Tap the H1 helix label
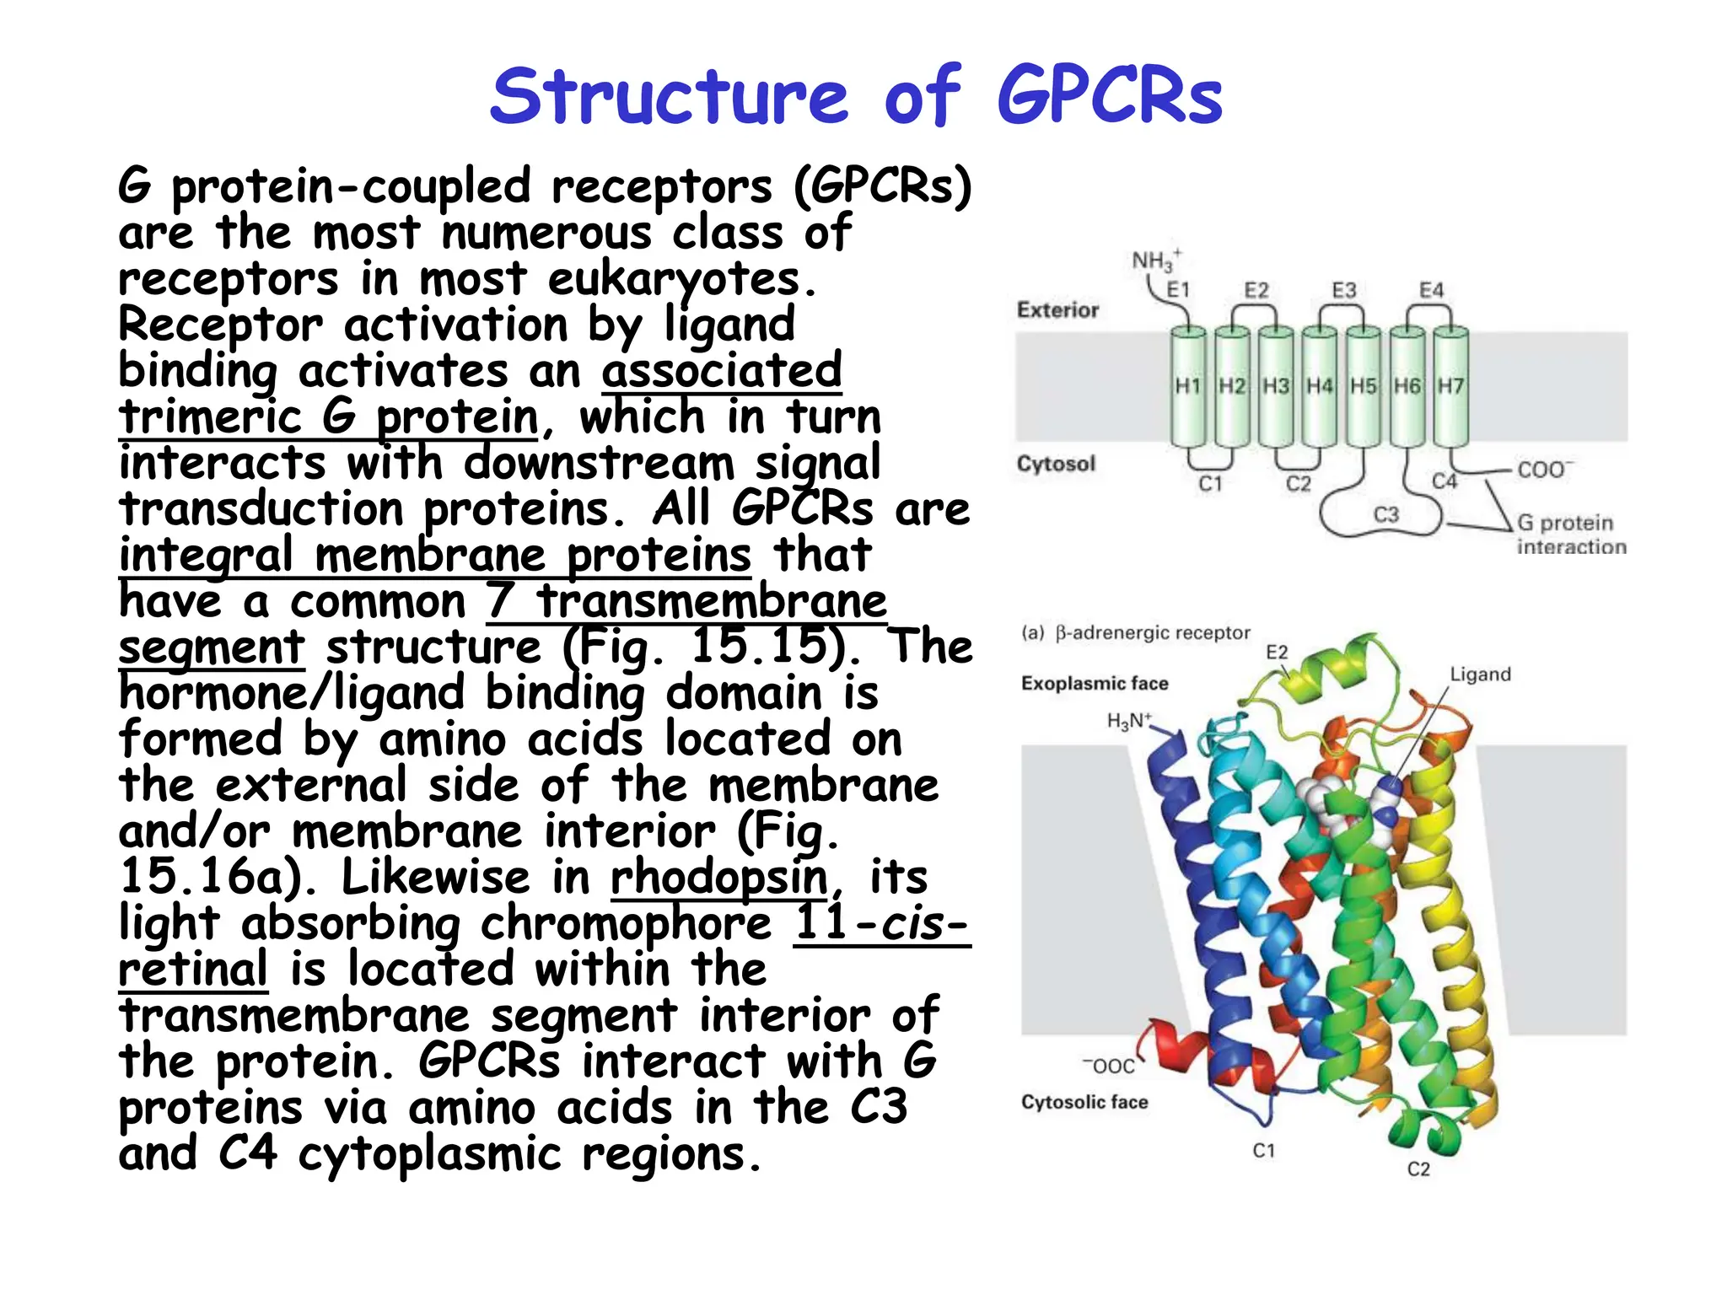tap(1188, 386)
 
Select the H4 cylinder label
tap(1320, 386)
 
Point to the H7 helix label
tap(1450, 386)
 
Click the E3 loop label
tap(1344, 291)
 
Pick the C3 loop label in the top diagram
tap(1386, 514)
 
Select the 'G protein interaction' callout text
tap(1570, 535)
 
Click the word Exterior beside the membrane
tap(1057, 310)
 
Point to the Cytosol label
tap(1056, 464)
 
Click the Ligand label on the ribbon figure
tap(1480, 674)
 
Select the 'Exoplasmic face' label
tap(1094, 684)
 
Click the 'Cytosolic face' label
tap(1084, 1102)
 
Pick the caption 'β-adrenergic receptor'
tap(1152, 633)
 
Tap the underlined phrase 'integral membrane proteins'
tap(434, 556)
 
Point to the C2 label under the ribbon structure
tap(1418, 1169)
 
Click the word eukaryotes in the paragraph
tap(681, 279)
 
